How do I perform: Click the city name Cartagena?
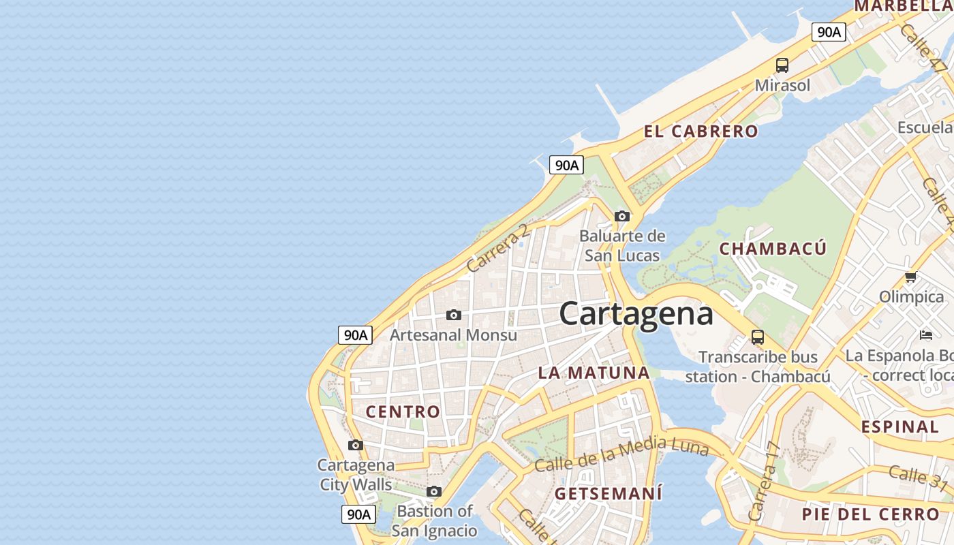(636, 314)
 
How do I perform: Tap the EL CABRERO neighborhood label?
(701, 131)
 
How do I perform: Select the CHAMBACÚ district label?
(773, 249)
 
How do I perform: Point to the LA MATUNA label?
(594, 373)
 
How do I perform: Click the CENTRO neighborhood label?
(403, 411)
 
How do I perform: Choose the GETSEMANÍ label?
(608, 493)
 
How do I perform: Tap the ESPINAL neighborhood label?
(900, 427)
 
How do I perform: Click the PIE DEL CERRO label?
(870, 514)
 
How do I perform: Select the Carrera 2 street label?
(498, 248)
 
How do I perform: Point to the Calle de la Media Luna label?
(621, 454)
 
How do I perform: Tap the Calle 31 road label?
(917, 476)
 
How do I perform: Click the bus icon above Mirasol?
(782, 65)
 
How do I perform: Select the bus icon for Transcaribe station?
(758, 337)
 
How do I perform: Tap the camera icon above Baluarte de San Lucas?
(621, 217)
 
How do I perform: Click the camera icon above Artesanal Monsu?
(453, 315)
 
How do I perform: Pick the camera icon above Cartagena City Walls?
(355, 446)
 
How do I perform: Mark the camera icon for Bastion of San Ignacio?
(434, 491)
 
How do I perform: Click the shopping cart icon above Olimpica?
(910, 277)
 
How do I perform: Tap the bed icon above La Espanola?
(925, 335)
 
